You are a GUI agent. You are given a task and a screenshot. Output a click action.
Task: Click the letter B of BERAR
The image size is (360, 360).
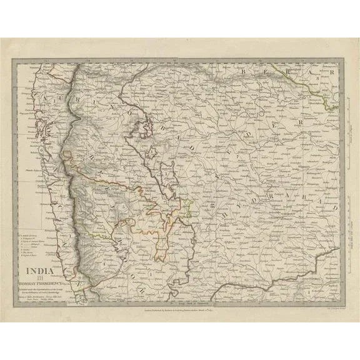[x=242, y=73]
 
